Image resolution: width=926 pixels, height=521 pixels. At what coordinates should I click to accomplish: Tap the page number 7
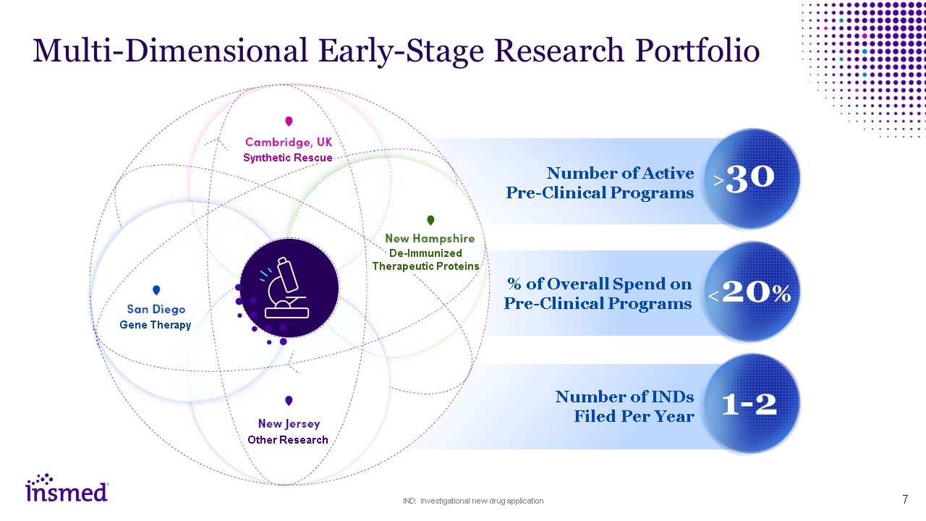click(905, 499)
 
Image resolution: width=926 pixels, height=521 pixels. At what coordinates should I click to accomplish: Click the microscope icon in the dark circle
click(289, 288)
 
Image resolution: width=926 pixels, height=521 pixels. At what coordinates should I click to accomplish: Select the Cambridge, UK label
click(289, 143)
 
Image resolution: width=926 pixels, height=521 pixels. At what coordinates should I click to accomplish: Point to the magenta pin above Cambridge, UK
click(289, 122)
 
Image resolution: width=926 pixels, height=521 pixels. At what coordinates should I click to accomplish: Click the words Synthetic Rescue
click(288, 158)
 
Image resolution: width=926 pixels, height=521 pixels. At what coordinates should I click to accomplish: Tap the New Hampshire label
click(430, 238)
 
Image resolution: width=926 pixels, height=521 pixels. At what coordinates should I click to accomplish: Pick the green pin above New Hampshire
click(430, 220)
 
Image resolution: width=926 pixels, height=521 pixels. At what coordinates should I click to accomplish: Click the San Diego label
click(156, 310)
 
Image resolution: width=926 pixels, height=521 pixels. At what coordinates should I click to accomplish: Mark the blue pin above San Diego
click(156, 291)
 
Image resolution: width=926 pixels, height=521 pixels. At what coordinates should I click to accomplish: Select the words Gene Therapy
click(156, 325)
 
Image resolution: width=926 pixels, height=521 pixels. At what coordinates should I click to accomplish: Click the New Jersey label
click(289, 424)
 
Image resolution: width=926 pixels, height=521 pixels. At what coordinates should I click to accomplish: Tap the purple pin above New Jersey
click(289, 401)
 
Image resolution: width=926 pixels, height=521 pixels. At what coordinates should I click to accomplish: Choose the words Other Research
click(288, 440)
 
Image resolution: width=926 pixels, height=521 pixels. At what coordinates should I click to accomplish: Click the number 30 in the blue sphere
click(750, 178)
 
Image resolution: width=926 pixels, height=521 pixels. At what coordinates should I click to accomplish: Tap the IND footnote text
click(473, 501)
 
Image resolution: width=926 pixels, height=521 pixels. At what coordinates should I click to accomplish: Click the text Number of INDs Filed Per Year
click(624, 406)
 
